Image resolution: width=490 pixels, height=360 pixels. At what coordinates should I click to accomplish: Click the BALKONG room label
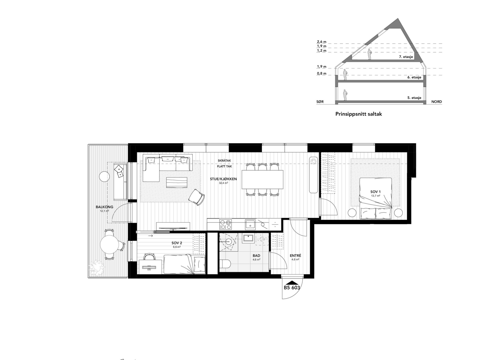coord(104,207)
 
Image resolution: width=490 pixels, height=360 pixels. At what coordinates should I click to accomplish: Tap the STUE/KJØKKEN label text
coord(223,179)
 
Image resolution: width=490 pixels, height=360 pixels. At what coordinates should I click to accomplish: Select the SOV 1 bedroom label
coord(375,192)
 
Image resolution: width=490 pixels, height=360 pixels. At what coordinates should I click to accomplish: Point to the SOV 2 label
coord(177,243)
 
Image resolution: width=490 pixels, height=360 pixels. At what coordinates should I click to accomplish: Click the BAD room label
coord(256,256)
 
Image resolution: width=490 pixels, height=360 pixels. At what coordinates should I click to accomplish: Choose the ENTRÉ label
coord(295,256)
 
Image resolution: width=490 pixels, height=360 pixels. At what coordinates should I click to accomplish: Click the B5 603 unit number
coord(292,288)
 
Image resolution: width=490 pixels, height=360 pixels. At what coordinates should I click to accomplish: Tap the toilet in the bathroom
coord(226,264)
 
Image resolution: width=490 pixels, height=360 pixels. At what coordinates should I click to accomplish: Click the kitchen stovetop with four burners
coord(226,224)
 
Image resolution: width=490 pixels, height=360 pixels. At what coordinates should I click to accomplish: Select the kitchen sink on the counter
coord(250,224)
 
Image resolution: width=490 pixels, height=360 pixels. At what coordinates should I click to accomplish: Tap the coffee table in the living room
coord(177,183)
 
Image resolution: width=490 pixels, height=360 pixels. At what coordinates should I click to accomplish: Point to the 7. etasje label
coord(406,57)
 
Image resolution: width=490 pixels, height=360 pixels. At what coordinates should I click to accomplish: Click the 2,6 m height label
coord(322,42)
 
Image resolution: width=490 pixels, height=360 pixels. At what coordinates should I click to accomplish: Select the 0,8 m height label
coord(322,74)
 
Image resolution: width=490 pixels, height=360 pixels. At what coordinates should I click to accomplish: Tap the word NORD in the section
coord(437,102)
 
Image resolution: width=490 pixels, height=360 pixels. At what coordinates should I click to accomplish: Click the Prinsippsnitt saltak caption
coord(359,114)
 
